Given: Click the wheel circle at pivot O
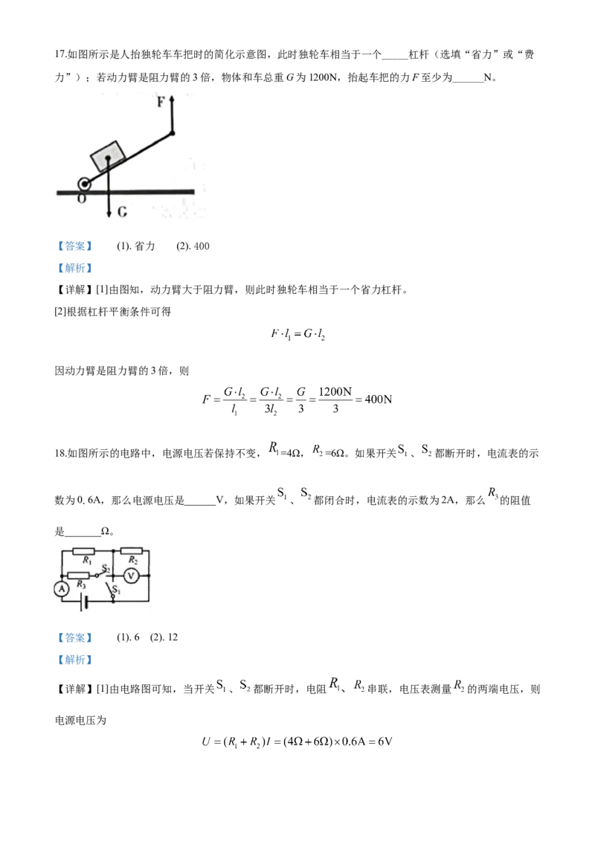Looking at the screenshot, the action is coord(84,184).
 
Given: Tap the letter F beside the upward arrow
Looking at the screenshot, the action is coord(161,101).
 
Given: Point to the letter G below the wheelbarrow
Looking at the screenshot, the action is coord(123,212).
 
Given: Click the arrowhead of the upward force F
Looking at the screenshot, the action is coord(173,100).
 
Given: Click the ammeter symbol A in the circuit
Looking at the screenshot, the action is coord(62,589).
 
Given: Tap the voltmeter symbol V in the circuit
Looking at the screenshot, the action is coord(132,576).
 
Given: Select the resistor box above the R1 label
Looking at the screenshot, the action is coord(83,551).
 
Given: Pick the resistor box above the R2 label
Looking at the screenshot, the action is coord(131,551).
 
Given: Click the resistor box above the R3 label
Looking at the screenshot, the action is coord(78,576).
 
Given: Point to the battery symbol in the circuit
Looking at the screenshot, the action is coord(83,602).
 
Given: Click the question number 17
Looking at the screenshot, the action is coord(59,54).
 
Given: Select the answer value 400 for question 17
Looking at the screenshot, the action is coord(202,246).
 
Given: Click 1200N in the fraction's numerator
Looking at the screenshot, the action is coord(335,391).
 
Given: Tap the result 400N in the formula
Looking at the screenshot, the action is coord(378,399).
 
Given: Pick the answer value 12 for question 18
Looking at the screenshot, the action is coord(173,637).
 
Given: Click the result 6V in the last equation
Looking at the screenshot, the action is coord(385,742).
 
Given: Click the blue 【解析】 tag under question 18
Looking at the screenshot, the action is coord(74,660).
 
